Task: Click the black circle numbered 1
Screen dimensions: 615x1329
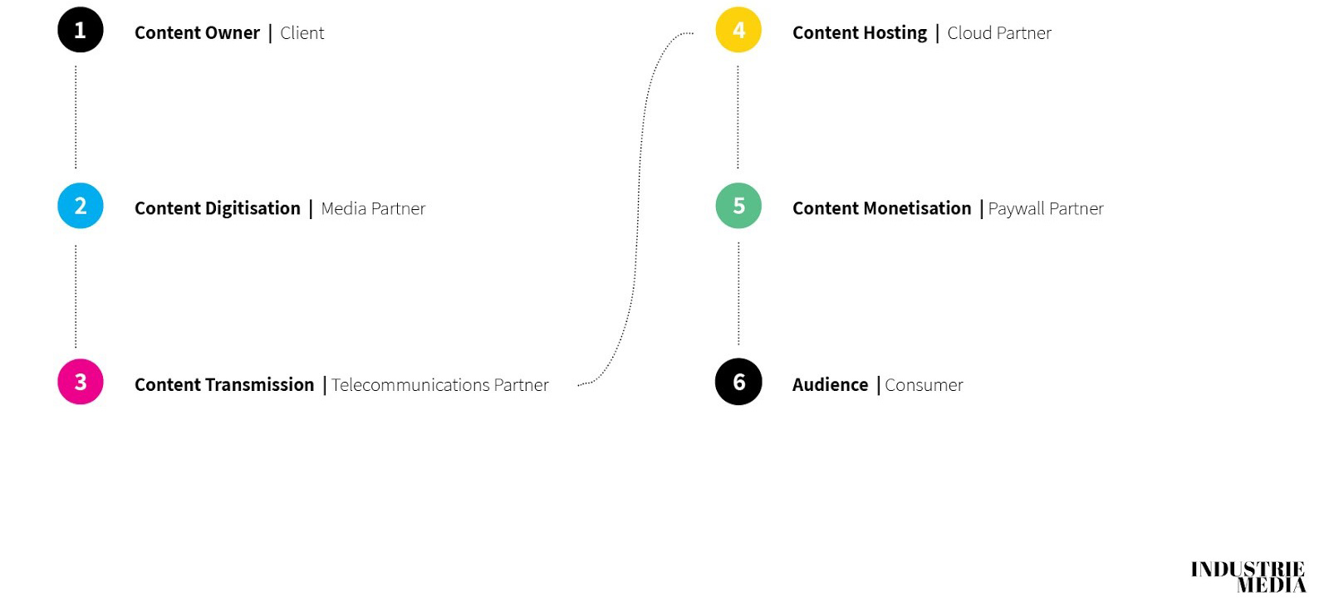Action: tap(81, 30)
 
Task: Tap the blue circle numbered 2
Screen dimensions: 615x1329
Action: tap(81, 206)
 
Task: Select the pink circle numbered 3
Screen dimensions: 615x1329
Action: tap(81, 382)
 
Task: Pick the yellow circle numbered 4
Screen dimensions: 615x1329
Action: tap(738, 30)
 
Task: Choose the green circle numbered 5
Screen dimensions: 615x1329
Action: tap(738, 206)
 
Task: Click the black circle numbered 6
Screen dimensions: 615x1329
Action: tap(738, 382)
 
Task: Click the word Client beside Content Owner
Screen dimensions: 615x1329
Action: tap(302, 33)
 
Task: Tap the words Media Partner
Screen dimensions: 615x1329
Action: tap(373, 209)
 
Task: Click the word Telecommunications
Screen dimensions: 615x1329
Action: tap(410, 385)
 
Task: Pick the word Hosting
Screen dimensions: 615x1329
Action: tap(894, 33)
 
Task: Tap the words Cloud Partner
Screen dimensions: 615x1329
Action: tap(999, 33)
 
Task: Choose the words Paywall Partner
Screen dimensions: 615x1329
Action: tap(1046, 209)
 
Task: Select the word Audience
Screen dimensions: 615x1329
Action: tap(830, 385)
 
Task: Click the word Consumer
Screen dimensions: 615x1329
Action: tap(924, 385)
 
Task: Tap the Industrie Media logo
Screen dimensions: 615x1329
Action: tap(1248, 577)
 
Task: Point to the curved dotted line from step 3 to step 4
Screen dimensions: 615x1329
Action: tap(638, 207)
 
